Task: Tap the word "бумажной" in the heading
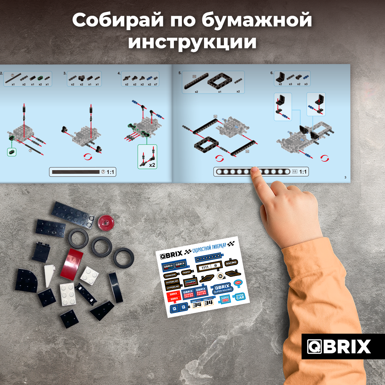click(257, 20)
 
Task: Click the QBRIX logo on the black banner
click(339, 346)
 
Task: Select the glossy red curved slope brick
click(72, 264)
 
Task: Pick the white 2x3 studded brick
click(68, 294)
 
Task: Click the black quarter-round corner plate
click(27, 280)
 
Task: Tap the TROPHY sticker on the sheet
click(186, 272)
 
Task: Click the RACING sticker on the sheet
click(231, 263)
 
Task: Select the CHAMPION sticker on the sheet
click(190, 282)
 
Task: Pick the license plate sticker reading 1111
click(208, 267)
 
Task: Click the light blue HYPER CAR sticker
click(240, 297)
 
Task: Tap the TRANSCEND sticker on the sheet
click(170, 275)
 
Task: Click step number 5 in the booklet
click(180, 73)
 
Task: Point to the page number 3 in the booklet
click(345, 177)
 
